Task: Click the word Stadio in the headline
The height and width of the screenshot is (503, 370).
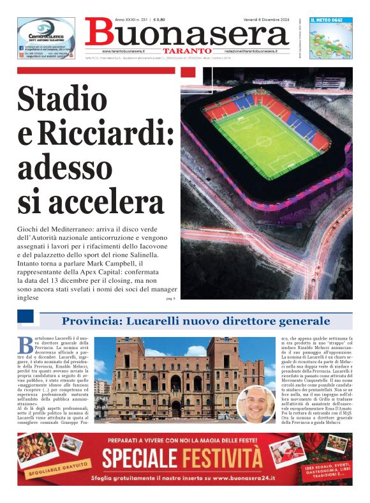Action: click(x=63, y=99)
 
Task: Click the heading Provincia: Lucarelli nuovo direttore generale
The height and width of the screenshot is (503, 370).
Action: click(x=196, y=321)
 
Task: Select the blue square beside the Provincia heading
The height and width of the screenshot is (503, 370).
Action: click(x=26, y=317)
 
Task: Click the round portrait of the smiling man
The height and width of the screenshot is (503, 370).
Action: click(x=256, y=404)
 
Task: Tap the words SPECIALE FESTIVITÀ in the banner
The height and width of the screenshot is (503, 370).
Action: click(x=182, y=458)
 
